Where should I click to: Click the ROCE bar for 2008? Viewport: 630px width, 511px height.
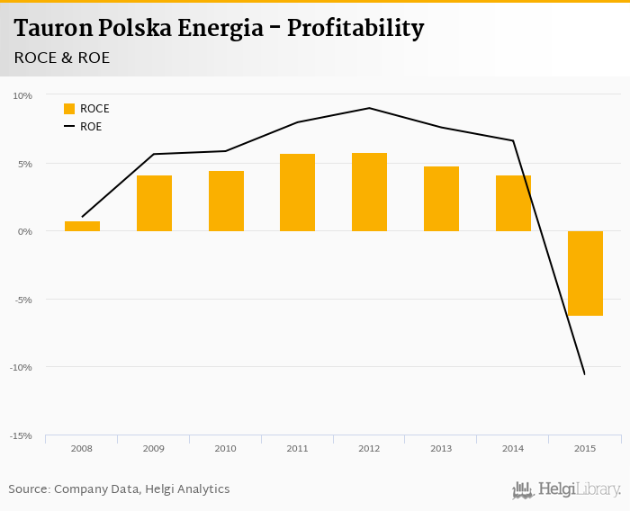[82, 226]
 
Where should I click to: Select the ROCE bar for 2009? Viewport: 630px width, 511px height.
[154, 203]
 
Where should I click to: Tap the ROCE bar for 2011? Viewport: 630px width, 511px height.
[297, 193]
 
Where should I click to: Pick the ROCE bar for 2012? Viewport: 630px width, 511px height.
[369, 192]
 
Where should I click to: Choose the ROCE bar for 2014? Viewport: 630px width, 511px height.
[513, 203]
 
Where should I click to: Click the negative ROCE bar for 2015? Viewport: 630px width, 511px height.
[585, 273]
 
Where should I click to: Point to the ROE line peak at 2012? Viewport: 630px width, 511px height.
[369, 108]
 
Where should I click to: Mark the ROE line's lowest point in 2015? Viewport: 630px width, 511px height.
[585, 374]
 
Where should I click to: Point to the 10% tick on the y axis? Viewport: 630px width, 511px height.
[22, 95]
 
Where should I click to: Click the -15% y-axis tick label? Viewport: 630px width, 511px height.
[21, 435]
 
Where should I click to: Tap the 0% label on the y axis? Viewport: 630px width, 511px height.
[24, 231]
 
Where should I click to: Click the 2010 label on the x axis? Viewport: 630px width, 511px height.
[225, 448]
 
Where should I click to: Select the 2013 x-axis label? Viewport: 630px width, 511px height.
[441, 448]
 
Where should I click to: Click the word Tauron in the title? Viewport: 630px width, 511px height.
[52, 28]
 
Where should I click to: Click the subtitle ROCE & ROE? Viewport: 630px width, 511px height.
[62, 57]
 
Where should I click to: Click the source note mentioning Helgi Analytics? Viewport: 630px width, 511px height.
[119, 489]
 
